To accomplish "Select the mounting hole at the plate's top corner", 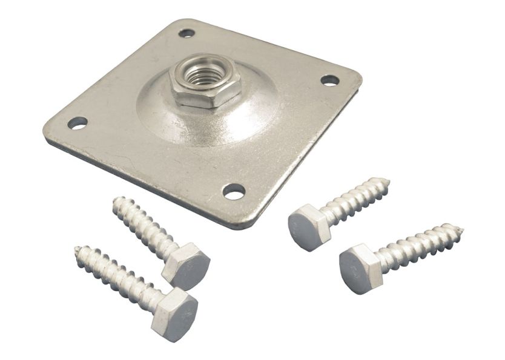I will click(186, 33).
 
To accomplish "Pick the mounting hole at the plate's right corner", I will click(329, 80).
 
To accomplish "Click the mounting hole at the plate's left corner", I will click(77, 123).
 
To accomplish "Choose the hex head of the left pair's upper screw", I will click(187, 266).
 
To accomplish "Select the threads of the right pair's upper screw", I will click(354, 200).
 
